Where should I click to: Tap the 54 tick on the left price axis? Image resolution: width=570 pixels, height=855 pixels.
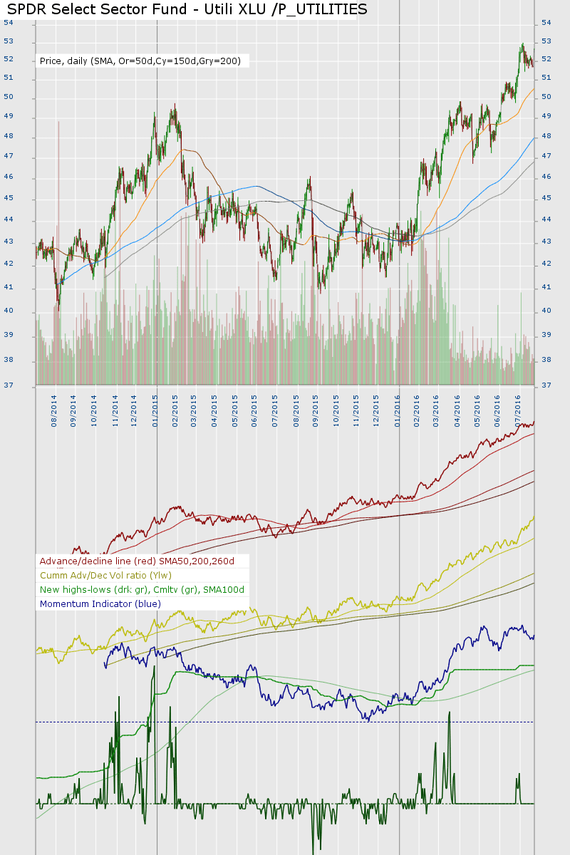[9, 23]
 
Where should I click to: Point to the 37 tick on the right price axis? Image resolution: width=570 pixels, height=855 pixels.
[546, 385]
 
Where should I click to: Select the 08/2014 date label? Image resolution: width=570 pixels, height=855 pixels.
[54, 407]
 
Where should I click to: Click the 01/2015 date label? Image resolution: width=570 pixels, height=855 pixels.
[155, 407]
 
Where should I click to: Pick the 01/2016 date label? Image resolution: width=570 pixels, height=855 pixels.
[398, 407]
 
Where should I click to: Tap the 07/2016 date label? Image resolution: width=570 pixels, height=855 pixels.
[519, 407]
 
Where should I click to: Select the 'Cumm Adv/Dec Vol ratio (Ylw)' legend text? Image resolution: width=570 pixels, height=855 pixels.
[105, 575]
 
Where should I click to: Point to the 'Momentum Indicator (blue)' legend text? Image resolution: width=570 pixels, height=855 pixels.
[100, 603]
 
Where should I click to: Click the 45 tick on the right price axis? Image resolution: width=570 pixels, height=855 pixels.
[546, 198]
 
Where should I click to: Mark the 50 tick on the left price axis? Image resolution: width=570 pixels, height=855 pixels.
[9, 98]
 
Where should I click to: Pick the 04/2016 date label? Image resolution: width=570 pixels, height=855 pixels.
[457, 407]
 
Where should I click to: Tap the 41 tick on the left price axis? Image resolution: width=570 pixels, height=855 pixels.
[9, 288]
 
